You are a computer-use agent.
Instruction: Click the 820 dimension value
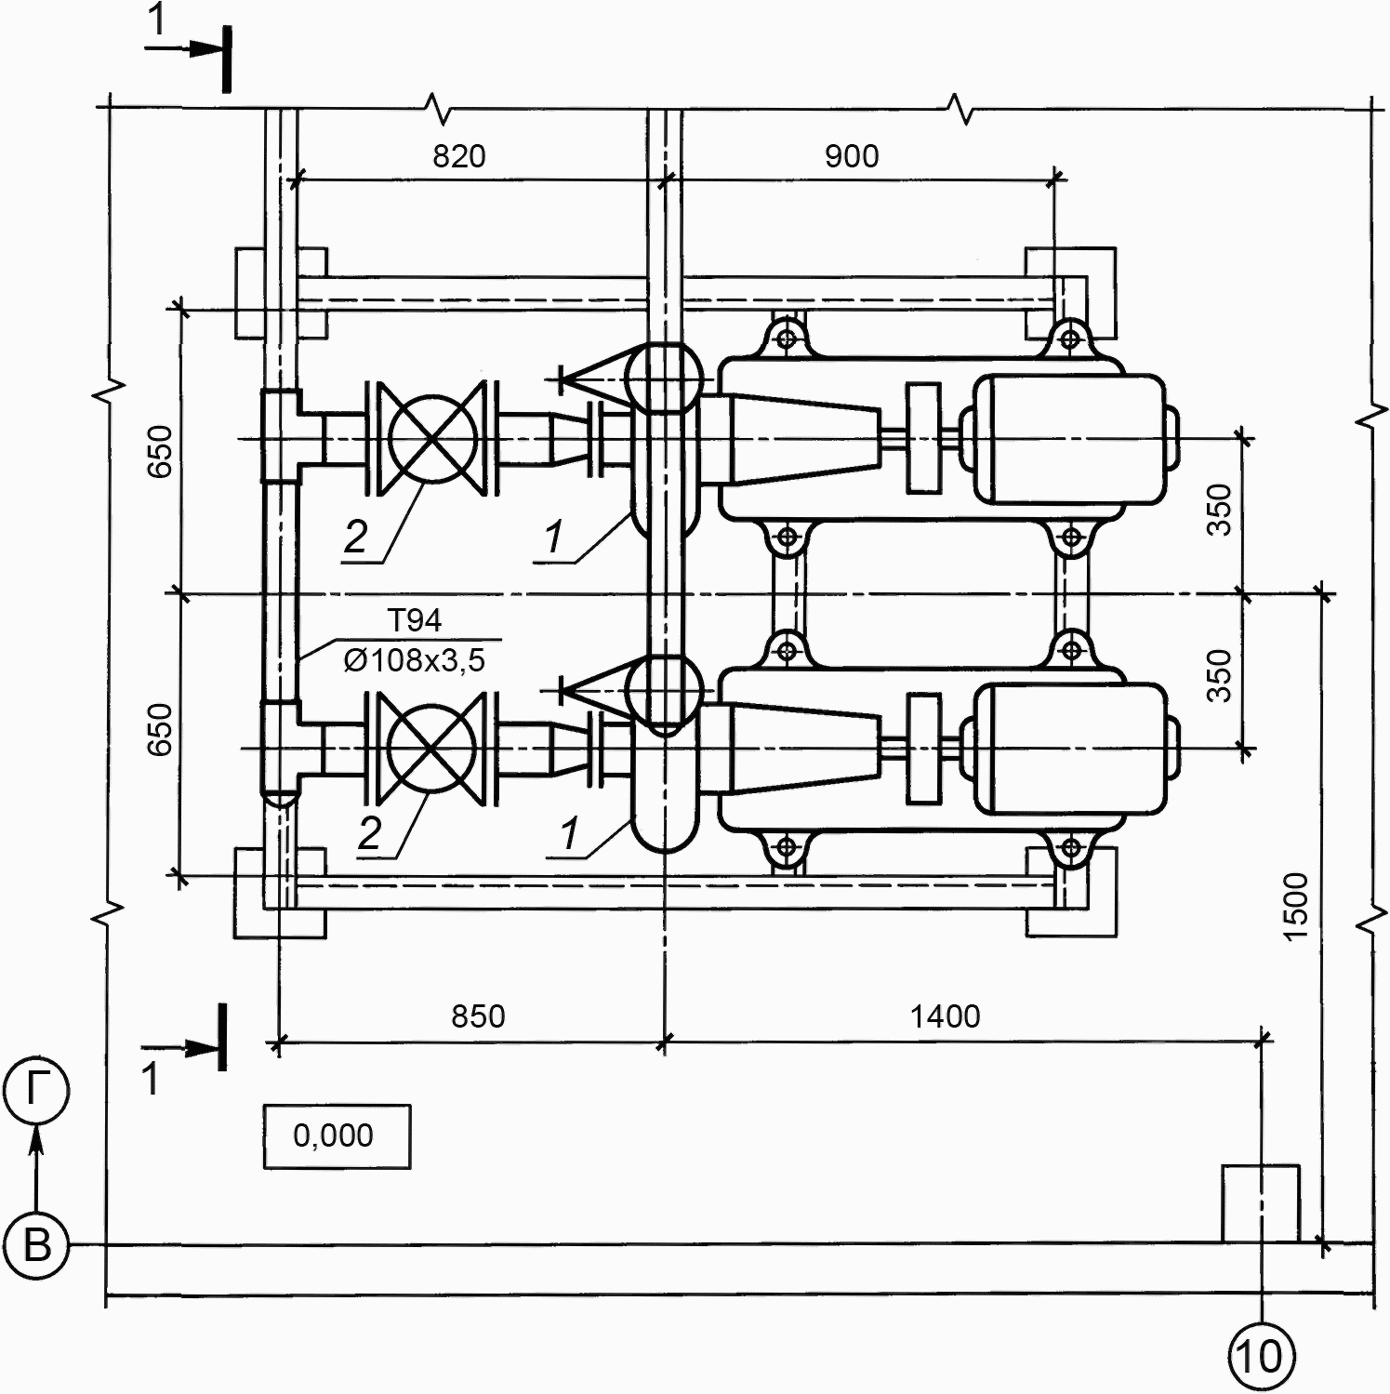tap(458, 156)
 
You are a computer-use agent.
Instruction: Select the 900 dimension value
tap(852, 156)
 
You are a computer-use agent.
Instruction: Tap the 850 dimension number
tap(478, 1016)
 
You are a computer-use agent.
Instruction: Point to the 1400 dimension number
tap(945, 1016)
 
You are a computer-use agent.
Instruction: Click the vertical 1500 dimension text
tap(1295, 907)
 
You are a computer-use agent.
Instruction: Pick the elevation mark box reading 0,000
tap(337, 1136)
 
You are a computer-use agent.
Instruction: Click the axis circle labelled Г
tap(36, 1092)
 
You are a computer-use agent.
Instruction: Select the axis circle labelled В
tap(36, 1244)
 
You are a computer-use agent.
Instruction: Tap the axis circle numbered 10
tap(1262, 1357)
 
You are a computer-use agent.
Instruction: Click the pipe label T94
tap(415, 620)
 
